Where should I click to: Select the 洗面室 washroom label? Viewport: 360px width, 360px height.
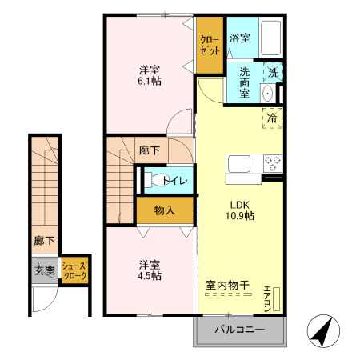coord(242,82)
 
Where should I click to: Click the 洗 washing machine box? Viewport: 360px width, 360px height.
coord(273,73)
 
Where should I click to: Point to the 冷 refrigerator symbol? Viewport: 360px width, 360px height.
coord(273,117)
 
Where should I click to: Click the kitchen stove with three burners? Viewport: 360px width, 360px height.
coord(273,163)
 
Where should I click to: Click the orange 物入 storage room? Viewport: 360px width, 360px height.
coord(164,211)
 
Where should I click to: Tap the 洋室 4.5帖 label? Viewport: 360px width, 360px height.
coord(149,270)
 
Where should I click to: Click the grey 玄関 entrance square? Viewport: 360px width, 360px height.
coord(44,270)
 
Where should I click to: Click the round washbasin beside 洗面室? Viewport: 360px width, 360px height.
coord(268,93)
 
